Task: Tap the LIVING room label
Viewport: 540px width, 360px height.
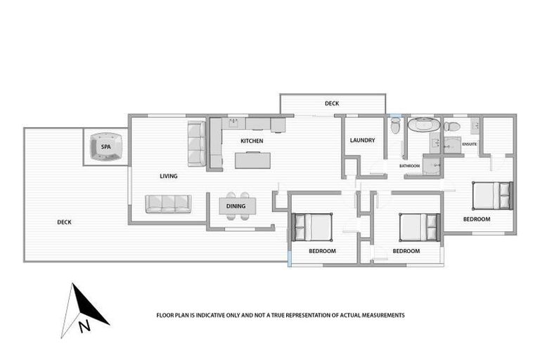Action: [x=168, y=176]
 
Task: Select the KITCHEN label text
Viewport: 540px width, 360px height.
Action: [x=252, y=141]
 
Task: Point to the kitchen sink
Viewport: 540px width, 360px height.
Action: [x=234, y=124]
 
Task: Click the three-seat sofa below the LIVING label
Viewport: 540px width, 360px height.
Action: [x=168, y=204]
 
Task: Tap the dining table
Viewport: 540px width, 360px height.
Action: [x=238, y=206]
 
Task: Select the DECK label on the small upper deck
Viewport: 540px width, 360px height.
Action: [x=332, y=104]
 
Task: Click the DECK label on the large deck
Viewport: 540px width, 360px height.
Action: [x=64, y=222]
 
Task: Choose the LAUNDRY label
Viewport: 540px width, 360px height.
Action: [x=362, y=140]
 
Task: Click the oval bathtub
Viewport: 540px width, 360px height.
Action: [x=423, y=126]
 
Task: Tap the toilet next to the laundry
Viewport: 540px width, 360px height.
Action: [x=395, y=127]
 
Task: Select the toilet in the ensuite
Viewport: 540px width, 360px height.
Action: [x=451, y=127]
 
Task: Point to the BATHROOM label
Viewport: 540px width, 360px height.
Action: [x=409, y=166]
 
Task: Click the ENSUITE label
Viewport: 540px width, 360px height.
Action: [x=470, y=144]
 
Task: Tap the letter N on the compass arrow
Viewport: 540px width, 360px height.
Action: [x=84, y=325]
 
